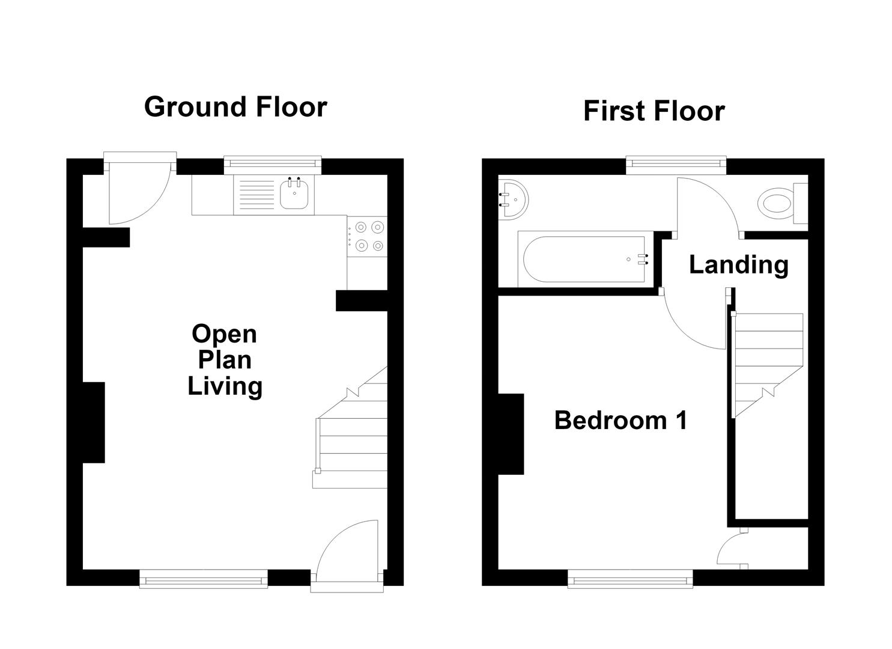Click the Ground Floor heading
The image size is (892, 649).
pos(235,108)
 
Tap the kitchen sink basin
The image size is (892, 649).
pos(294,195)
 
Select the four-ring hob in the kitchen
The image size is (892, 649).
pos(367,236)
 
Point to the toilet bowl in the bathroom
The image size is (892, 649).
pos(775,203)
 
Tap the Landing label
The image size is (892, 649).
pos(739,265)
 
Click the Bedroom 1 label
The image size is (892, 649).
pos(621,420)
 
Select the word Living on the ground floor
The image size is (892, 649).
pos(225,386)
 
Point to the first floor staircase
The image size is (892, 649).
pos(767,365)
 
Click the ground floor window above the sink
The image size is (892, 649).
pos(272,164)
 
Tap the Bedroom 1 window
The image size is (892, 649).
pos(630,579)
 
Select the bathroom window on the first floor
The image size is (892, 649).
pos(676,164)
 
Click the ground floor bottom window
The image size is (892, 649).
pos(204,579)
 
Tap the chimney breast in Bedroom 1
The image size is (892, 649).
pos(511,434)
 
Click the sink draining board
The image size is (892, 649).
pos(257,195)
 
